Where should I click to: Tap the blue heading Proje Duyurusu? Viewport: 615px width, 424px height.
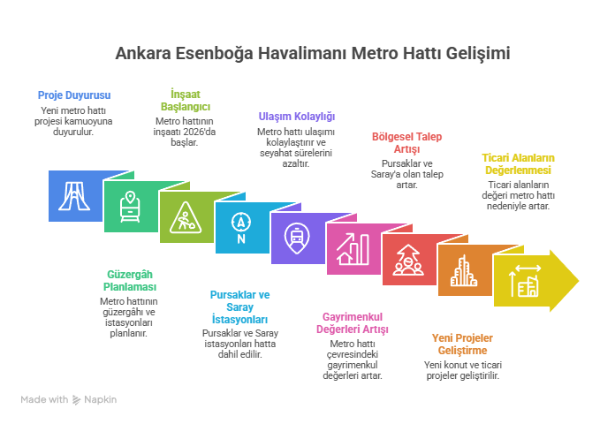point(74,95)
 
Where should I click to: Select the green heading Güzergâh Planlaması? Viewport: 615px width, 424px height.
point(130,280)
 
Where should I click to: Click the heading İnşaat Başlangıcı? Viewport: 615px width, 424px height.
point(186,101)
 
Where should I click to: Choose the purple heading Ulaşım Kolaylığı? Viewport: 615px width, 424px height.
point(297,117)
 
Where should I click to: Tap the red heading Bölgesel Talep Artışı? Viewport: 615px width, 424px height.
point(406,143)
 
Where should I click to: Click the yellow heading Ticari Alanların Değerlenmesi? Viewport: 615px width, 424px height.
point(518,164)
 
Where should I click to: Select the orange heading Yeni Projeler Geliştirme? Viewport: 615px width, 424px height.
point(462,344)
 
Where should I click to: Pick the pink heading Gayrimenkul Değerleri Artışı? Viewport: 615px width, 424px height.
point(353,322)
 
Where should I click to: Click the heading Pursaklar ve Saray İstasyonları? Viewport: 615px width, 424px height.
point(239,307)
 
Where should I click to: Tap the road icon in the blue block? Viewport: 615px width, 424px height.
point(74,196)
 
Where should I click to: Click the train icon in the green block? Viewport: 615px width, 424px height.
point(130,207)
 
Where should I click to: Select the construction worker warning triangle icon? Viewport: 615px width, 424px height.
point(186,217)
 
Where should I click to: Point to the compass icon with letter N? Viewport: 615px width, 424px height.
point(241,228)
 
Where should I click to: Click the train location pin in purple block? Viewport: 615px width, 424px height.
point(297,238)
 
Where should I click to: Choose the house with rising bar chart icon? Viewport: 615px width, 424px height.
point(353,249)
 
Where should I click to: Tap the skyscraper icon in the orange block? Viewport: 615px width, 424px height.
point(464,270)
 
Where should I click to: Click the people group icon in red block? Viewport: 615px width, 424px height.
point(408,260)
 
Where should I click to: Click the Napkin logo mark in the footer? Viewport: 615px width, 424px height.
point(77,399)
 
